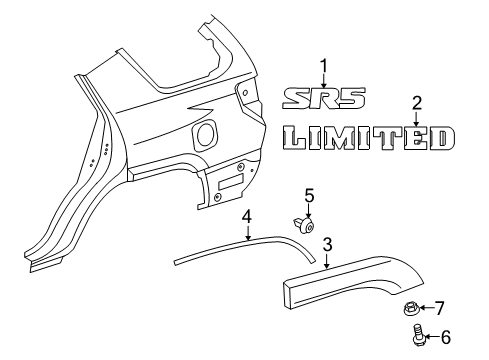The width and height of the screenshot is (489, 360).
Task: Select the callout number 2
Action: (417, 101)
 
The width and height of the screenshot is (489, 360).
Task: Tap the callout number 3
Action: (326, 244)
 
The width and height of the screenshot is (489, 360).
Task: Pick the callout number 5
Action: (309, 195)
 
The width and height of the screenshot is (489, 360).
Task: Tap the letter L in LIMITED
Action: (292, 138)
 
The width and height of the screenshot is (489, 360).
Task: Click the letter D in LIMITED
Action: (444, 138)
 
